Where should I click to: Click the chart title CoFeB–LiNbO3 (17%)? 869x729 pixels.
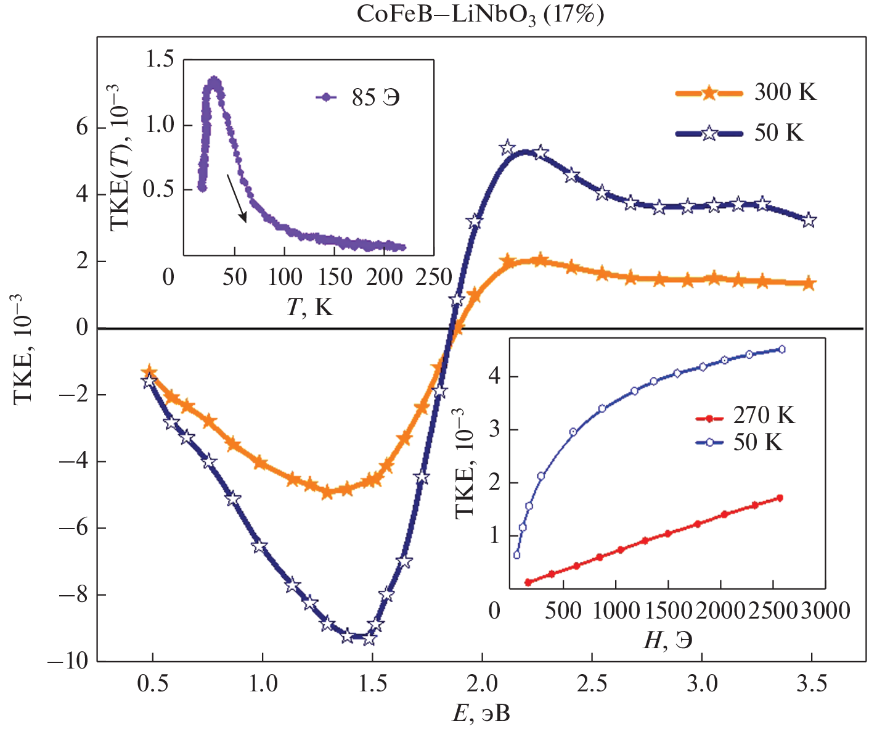(480, 15)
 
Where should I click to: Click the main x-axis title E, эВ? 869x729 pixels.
(481, 714)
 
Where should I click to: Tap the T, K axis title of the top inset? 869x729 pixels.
(309, 307)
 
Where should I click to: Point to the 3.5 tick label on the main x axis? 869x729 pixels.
(811, 683)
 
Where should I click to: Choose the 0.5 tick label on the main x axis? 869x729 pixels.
(152, 683)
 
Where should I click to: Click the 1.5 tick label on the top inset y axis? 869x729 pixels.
(160, 60)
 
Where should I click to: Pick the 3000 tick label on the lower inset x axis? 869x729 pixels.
(825, 611)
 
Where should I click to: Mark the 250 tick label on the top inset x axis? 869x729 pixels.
(434, 278)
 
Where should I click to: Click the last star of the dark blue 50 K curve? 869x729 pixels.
(809, 220)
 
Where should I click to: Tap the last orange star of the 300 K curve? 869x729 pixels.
(809, 284)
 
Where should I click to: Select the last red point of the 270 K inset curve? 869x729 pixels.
(780, 498)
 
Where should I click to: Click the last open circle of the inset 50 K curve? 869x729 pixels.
(782, 349)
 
